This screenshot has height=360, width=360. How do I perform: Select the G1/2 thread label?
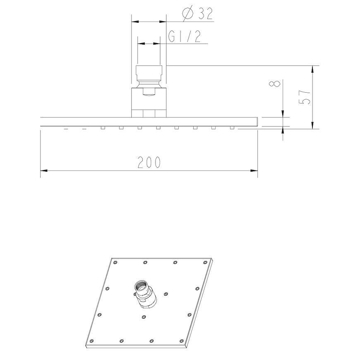coord(185,36)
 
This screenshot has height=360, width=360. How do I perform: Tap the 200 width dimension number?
coord(149,162)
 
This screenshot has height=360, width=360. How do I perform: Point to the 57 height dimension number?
coord(305,97)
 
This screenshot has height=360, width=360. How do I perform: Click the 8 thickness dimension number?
coord(275,83)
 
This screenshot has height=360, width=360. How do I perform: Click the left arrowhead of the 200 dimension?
coord(44,170)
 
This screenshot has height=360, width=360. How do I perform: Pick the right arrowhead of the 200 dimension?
coord(254,170)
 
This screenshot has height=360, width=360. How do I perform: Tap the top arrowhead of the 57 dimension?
coord(312,69)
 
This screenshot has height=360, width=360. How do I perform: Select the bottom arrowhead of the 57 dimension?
coord(312,125)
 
